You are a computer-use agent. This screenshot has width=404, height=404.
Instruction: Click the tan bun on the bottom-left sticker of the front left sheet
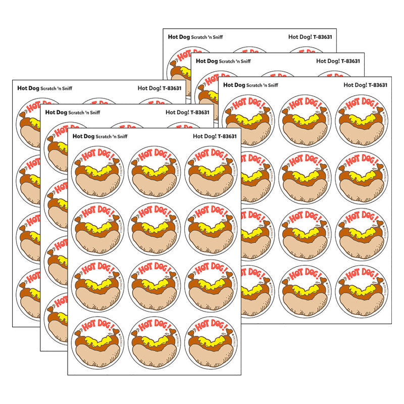(x=97, y=350)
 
